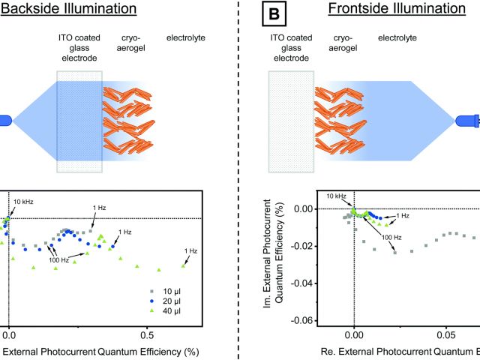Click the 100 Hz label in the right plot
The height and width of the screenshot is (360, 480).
coord(391,238)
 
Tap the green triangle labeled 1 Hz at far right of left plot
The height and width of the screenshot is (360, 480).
coord(184,265)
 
